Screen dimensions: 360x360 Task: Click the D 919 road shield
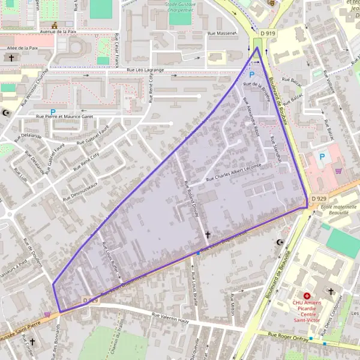pos(268,34)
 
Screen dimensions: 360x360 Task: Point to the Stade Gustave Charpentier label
pos(184,7)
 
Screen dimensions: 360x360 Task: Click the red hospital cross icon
pos(307,296)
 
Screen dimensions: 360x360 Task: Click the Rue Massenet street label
pos(221,34)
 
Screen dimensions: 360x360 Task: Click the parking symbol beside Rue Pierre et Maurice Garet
pos(53,111)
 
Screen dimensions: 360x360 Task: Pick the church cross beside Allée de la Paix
pos(11,58)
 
